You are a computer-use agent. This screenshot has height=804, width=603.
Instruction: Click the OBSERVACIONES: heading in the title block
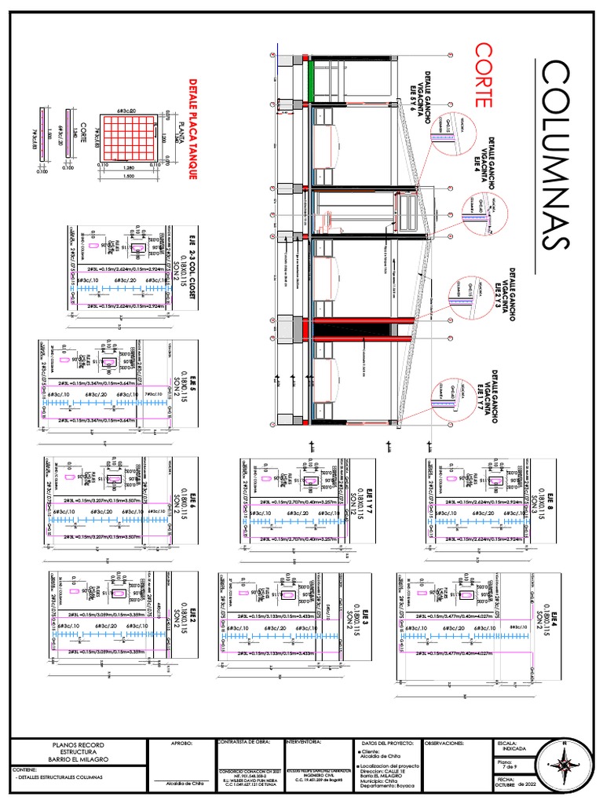(448, 742)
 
